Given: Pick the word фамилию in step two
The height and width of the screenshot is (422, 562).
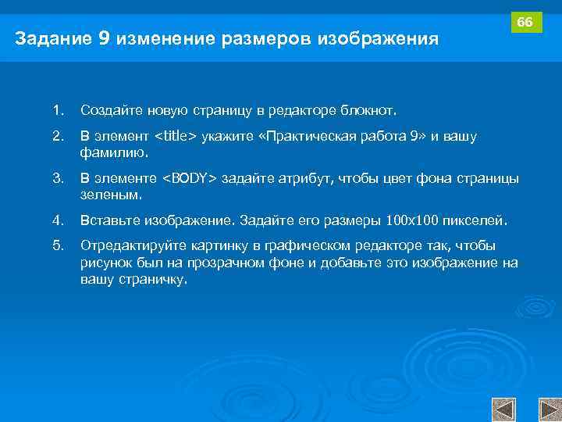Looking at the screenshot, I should coord(111,153).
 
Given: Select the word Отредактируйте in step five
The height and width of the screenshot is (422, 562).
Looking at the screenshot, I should coord(128,245).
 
